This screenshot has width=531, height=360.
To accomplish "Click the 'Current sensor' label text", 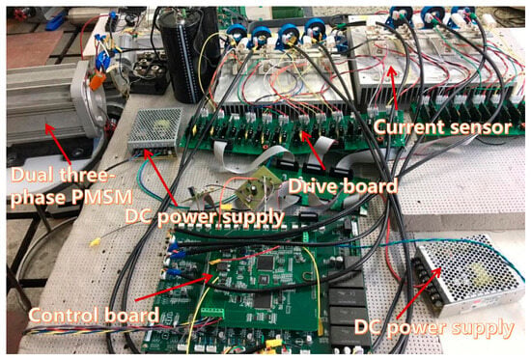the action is click(442, 128).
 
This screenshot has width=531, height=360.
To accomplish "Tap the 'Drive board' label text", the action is click(343, 186).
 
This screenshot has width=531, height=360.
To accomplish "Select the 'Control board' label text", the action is click(94, 315).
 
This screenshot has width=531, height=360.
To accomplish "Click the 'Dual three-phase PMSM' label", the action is click(71, 186).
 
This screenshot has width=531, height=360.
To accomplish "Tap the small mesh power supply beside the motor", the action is click(155, 131).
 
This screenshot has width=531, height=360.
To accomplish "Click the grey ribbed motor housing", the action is click(45, 101).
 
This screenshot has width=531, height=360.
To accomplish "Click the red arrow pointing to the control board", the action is click(174, 289).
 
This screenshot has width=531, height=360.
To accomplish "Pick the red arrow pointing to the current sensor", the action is click(393, 91).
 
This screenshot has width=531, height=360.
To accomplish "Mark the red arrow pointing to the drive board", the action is click(313, 150).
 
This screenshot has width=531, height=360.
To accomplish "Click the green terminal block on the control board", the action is click(212, 312).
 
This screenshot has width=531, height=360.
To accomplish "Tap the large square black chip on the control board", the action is click(266, 263).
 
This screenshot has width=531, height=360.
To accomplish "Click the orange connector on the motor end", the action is click(96, 82).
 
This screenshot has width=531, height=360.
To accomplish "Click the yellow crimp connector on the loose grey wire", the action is click(96, 242).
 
